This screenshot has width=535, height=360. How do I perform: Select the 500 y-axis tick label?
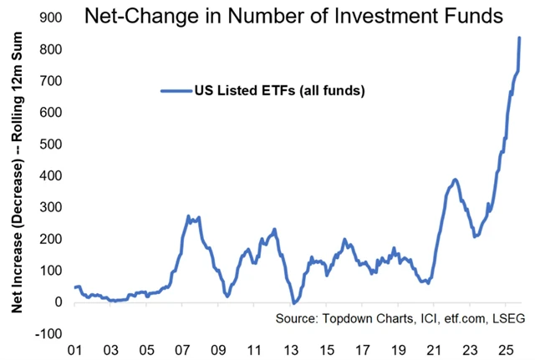pos(52,144)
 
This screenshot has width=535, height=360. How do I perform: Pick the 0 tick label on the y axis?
pos(59,302)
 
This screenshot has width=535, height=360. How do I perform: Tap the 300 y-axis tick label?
pos(52,207)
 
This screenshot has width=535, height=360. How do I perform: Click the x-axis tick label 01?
pos(74,348)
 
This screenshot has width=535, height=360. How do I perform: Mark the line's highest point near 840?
pos(519,38)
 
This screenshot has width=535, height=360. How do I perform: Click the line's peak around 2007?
pos(188,216)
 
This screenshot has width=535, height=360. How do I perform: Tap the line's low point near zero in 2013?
pos(293,302)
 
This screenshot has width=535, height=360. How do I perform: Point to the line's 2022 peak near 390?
pos(454,179)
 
